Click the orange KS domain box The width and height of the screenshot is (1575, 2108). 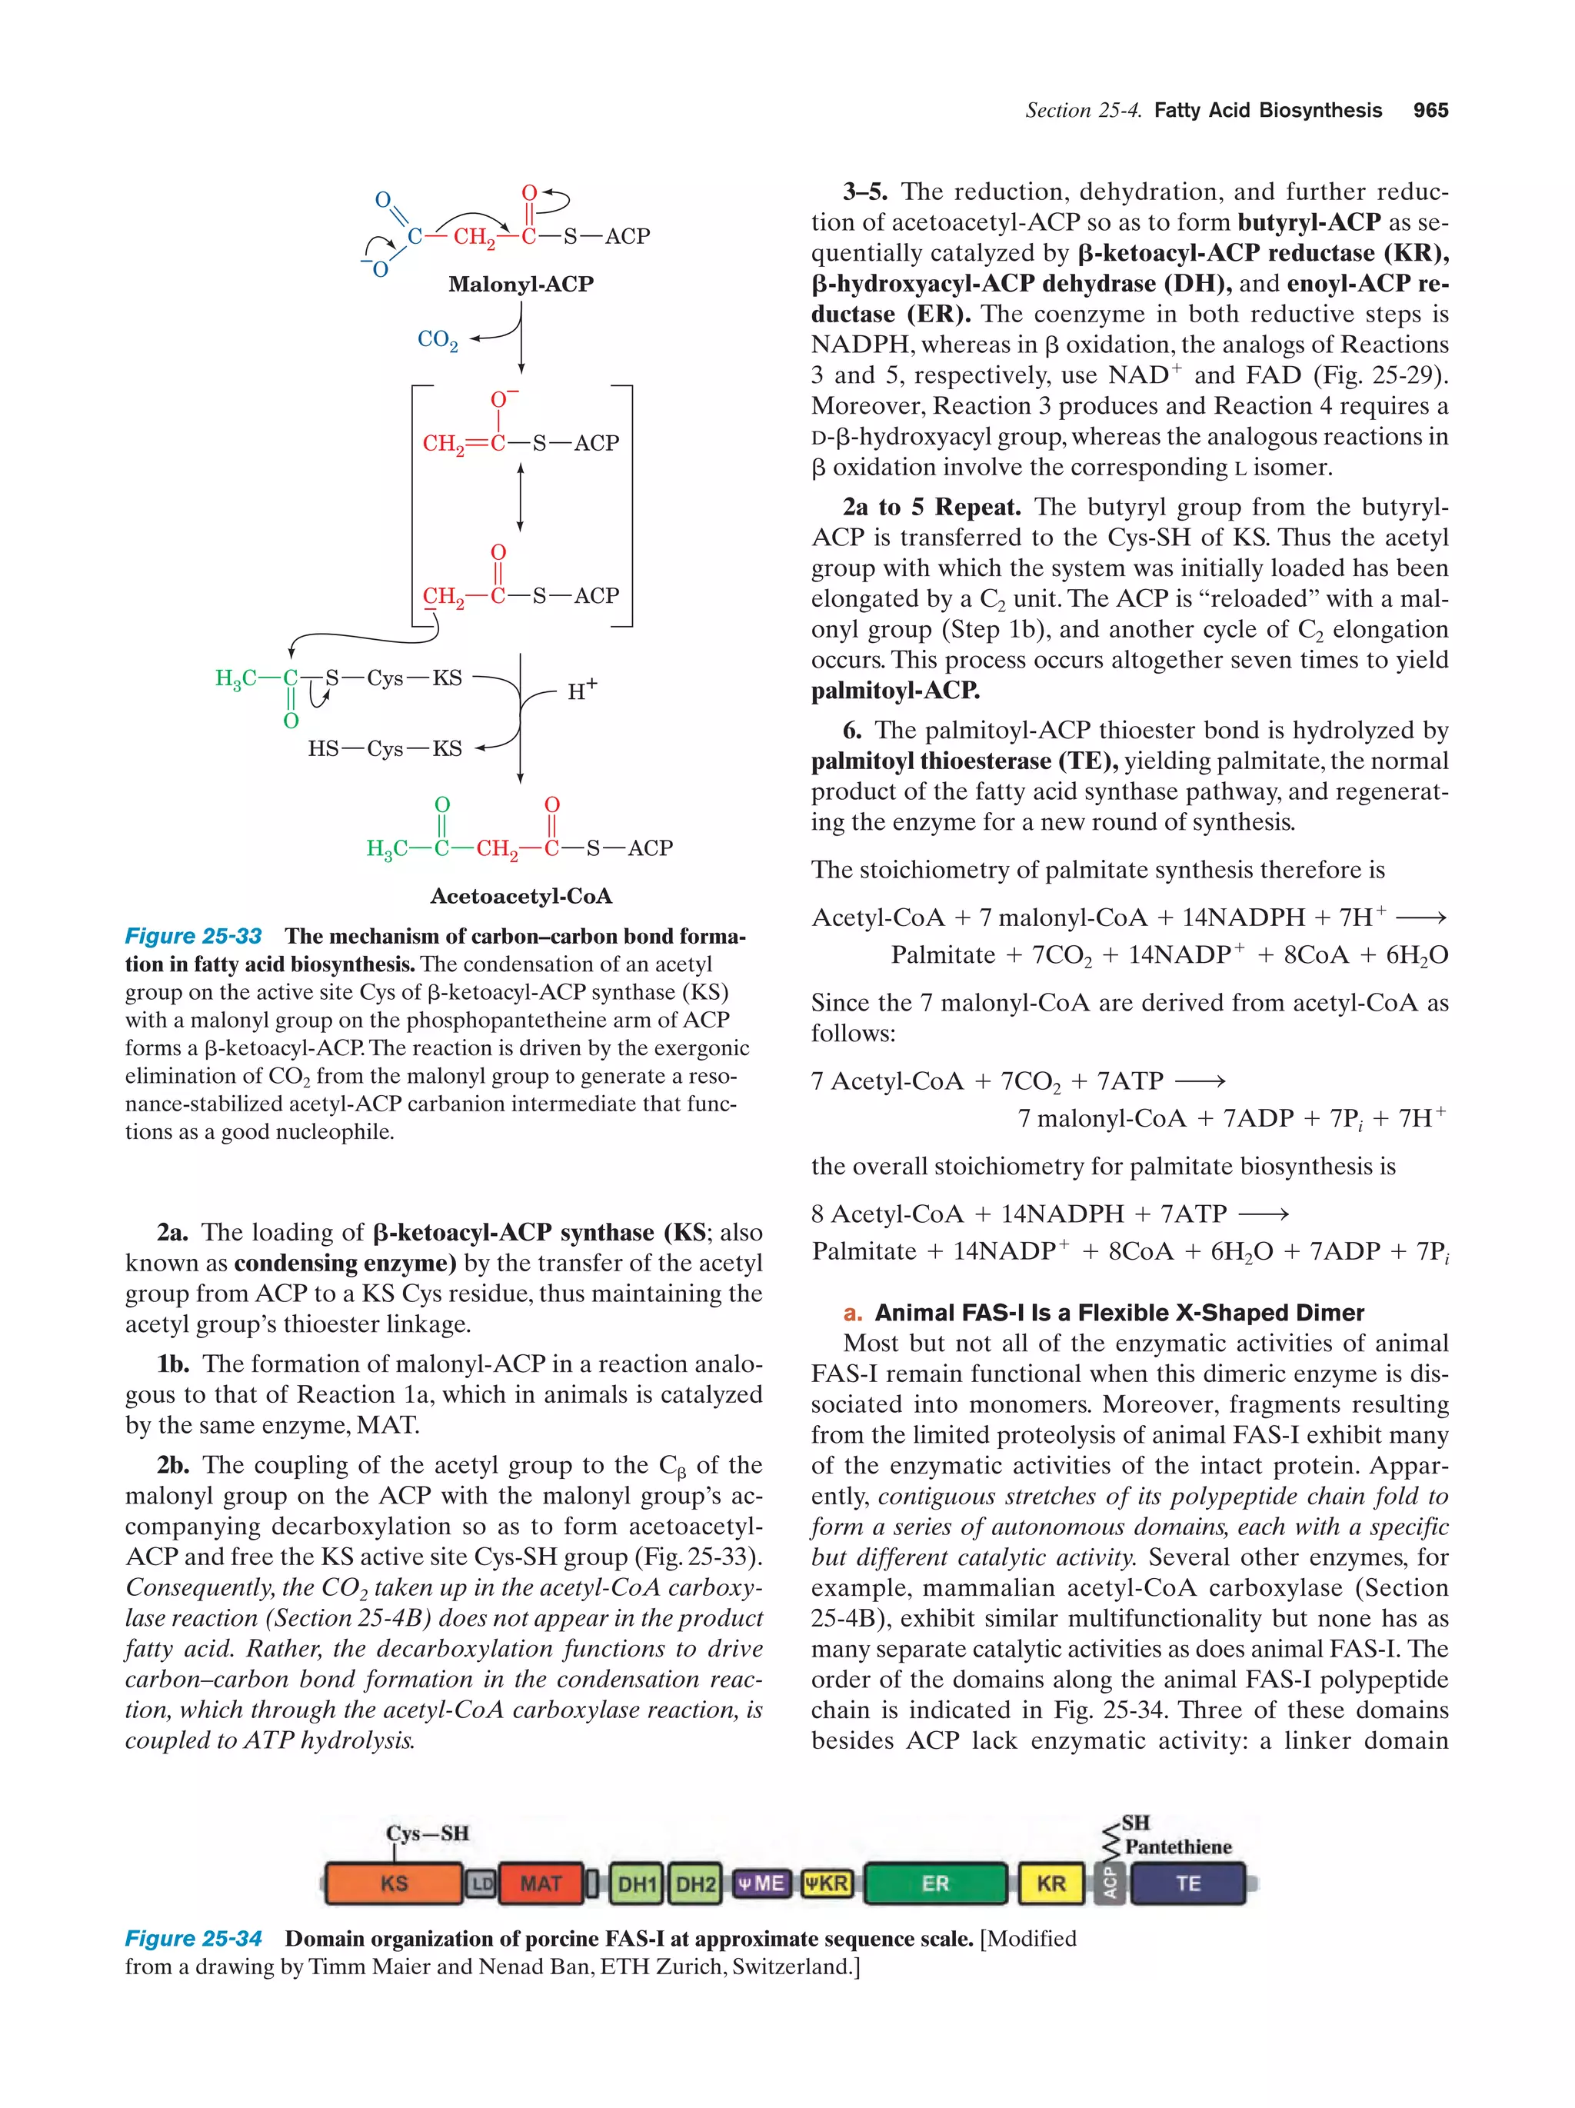pyautogui.click(x=394, y=1883)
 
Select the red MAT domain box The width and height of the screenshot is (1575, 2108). pyautogui.click(x=540, y=1883)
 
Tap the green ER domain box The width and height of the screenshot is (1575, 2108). pyautogui.click(x=934, y=1883)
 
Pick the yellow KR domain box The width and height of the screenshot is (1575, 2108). pyautogui.click(x=1051, y=1883)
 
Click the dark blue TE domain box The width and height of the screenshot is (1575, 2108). pyautogui.click(x=1187, y=1883)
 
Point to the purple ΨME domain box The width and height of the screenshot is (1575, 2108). pyautogui.click(x=761, y=1883)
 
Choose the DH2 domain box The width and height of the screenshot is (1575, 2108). pyautogui.click(x=694, y=1883)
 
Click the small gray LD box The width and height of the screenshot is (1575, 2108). pyautogui.click(x=482, y=1883)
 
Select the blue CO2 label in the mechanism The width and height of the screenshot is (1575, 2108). pyautogui.click(x=438, y=339)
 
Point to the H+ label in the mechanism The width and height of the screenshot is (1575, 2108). pyautogui.click(x=582, y=690)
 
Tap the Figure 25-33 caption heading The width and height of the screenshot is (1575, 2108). pyautogui.click(x=194, y=936)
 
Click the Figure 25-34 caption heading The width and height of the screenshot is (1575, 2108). pyautogui.click(x=194, y=1938)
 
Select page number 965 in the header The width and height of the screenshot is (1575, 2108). pyautogui.click(x=1430, y=111)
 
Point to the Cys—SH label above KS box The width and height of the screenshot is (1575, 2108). pyautogui.click(x=427, y=1833)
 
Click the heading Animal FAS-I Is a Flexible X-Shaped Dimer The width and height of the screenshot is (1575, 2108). pyautogui.click(x=1119, y=1312)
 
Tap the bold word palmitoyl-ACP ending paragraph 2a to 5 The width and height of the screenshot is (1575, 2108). pyautogui.click(x=894, y=690)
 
